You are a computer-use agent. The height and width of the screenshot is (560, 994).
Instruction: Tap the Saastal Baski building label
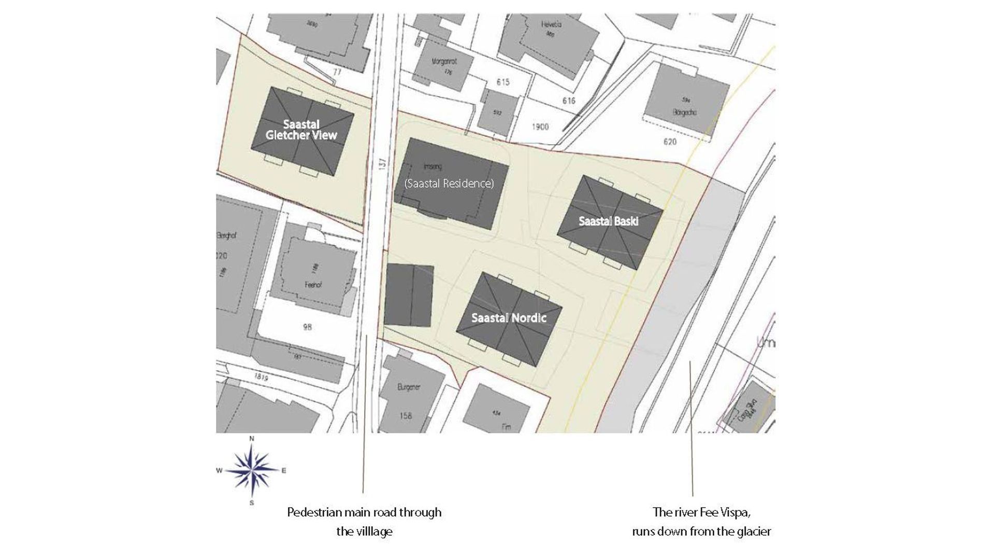608,221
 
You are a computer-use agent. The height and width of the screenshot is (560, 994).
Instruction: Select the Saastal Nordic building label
509,318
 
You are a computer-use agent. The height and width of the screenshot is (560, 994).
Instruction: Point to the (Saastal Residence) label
449,184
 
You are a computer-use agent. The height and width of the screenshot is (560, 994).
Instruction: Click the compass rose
252,471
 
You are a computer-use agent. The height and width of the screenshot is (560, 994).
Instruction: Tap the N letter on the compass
252,439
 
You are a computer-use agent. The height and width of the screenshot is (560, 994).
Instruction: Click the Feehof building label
314,285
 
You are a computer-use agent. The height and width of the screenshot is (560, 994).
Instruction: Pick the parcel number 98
307,327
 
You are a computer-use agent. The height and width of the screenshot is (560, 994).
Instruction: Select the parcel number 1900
540,127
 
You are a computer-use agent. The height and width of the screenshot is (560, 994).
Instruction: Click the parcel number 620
670,141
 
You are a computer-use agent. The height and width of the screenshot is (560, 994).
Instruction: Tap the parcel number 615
502,82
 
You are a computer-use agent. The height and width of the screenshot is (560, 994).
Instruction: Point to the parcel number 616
568,101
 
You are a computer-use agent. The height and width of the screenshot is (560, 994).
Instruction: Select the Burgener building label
408,387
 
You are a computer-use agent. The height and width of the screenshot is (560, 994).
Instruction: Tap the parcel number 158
406,415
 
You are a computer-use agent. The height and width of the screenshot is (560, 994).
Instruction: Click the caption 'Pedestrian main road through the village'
364,522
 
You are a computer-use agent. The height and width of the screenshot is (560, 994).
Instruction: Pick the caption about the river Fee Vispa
701,522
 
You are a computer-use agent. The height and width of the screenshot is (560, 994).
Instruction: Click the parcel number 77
337,73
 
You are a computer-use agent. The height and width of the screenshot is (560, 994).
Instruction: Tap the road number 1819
261,377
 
